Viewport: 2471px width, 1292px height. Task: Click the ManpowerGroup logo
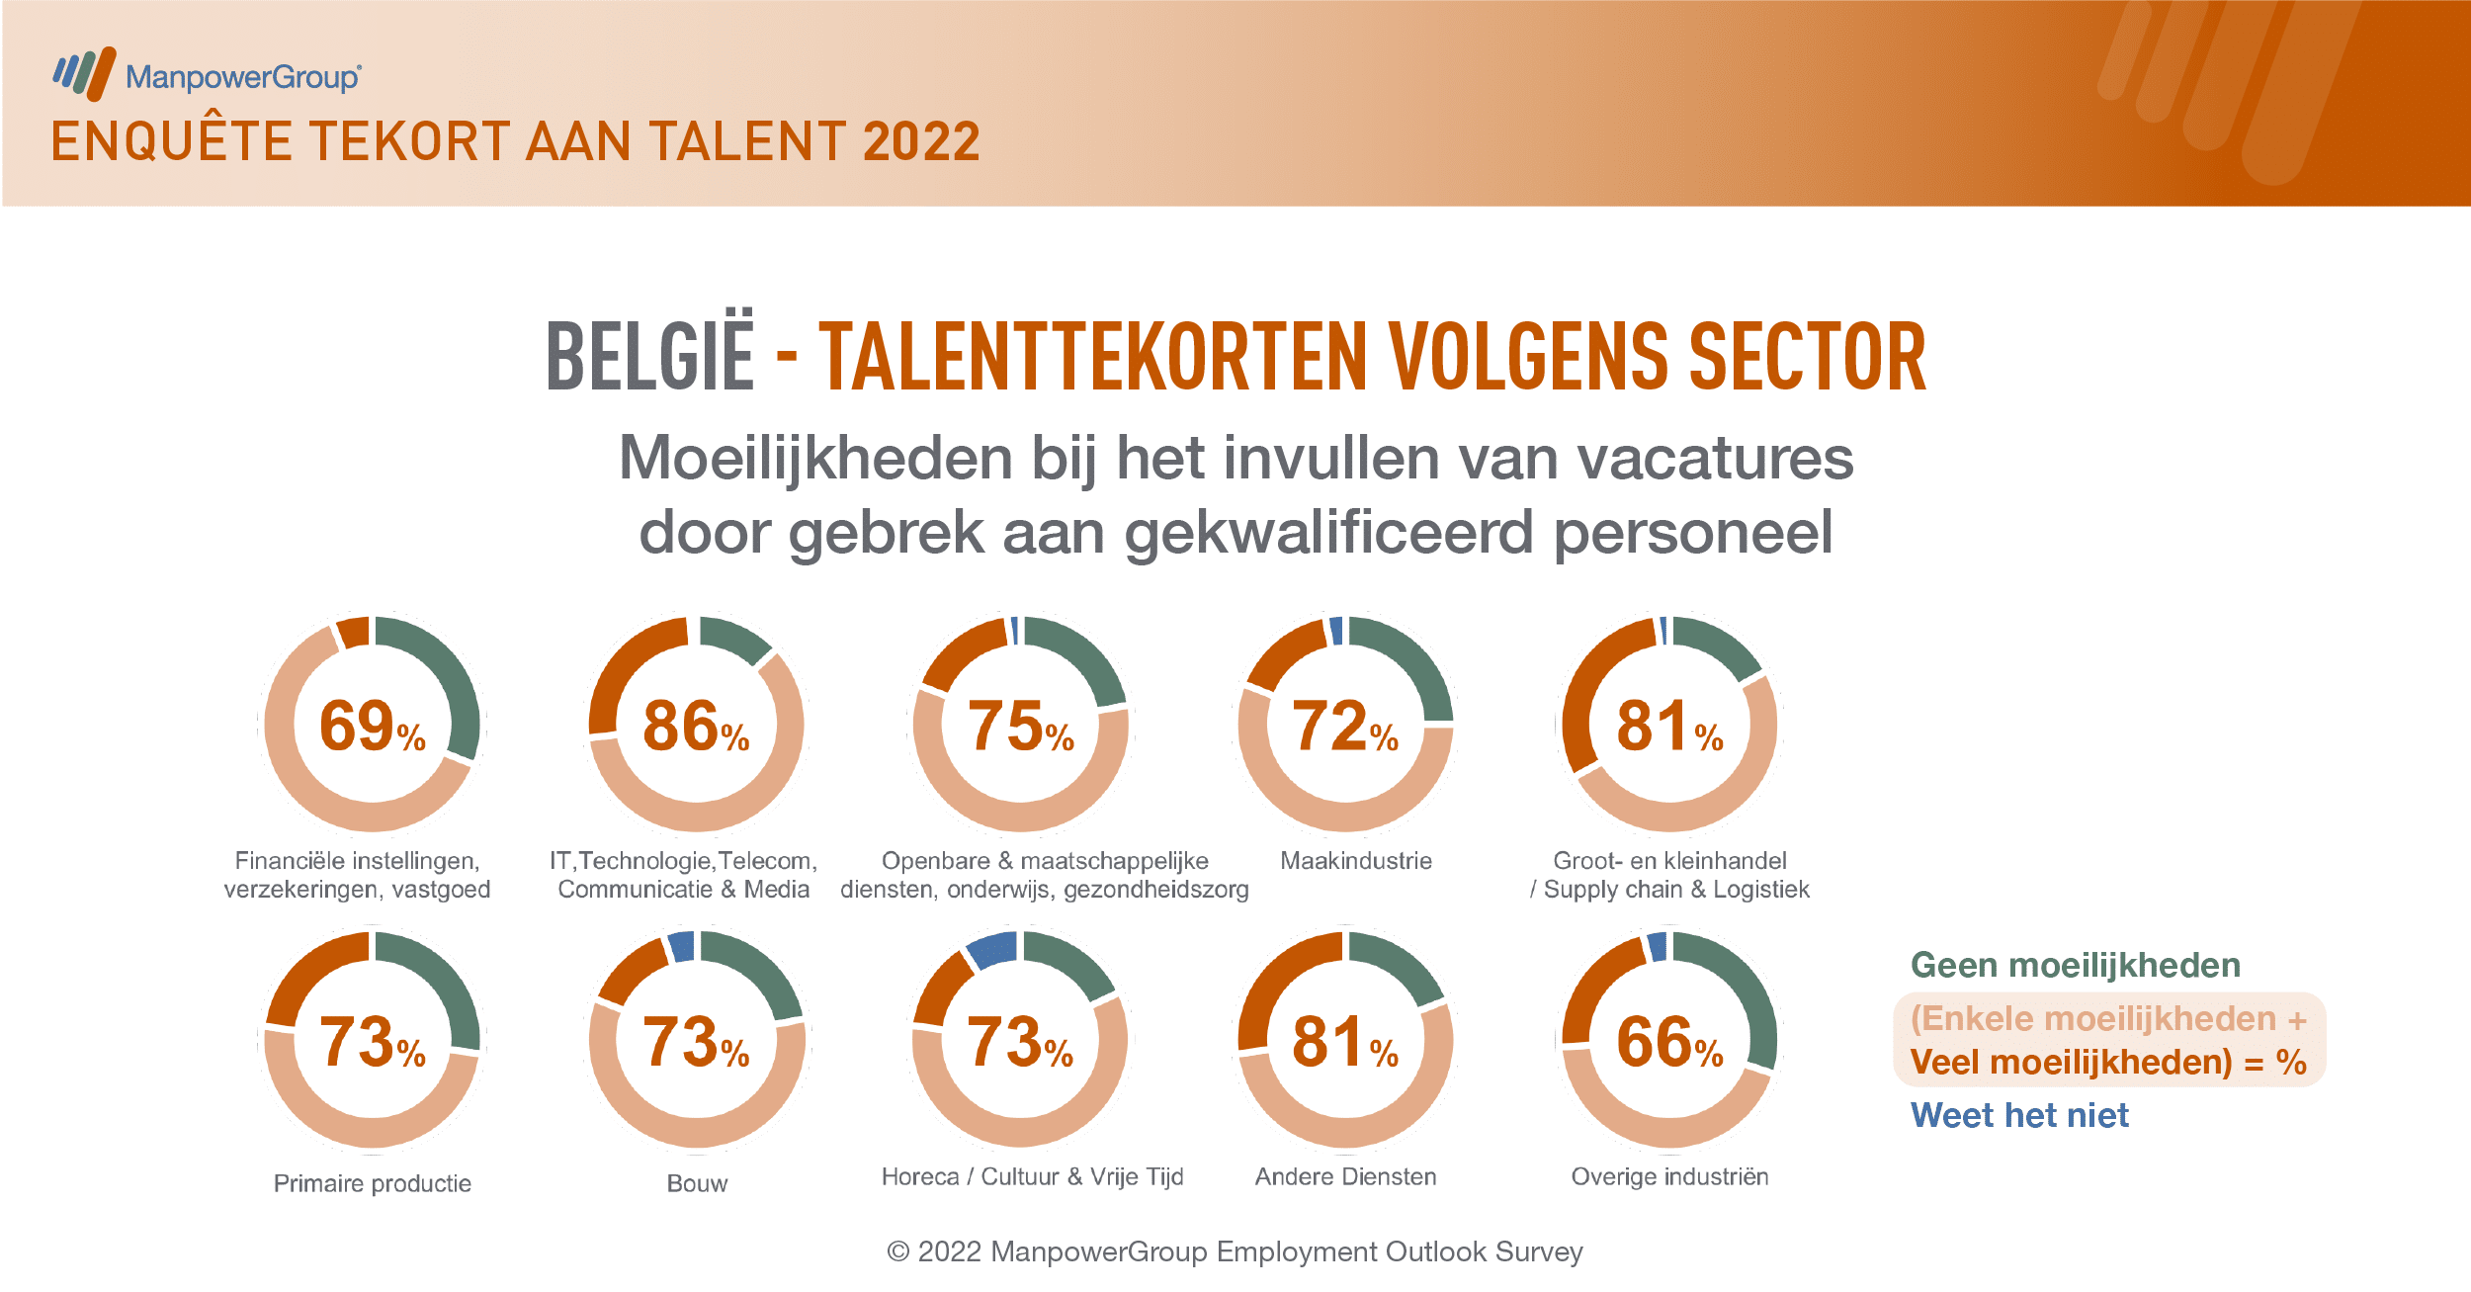click(x=208, y=74)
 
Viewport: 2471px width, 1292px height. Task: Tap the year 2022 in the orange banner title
click(x=921, y=141)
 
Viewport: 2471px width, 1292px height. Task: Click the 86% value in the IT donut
click(x=696, y=727)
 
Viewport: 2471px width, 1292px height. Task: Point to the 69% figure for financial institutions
click(x=373, y=727)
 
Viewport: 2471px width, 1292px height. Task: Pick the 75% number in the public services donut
click(x=1021, y=727)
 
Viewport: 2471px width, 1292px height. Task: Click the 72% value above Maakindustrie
click(x=1345, y=727)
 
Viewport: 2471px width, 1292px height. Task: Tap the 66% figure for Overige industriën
click(x=1669, y=1042)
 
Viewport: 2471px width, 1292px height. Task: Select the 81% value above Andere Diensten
click(x=1345, y=1042)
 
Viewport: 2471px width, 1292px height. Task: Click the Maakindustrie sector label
click(x=1356, y=861)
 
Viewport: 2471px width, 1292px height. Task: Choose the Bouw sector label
click(x=697, y=1183)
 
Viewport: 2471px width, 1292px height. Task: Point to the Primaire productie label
click(x=373, y=1183)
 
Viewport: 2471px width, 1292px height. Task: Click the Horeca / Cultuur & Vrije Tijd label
click(x=1032, y=1176)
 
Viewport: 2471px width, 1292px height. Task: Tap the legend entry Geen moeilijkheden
click(x=2076, y=965)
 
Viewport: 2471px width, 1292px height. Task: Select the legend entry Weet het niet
click(x=2019, y=1115)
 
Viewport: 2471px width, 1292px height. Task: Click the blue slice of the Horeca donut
click(x=992, y=949)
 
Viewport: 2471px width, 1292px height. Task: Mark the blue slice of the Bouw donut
click(x=682, y=947)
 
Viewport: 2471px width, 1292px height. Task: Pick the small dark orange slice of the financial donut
click(x=353, y=632)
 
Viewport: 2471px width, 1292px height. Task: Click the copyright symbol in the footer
click(x=897, y=1252)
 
